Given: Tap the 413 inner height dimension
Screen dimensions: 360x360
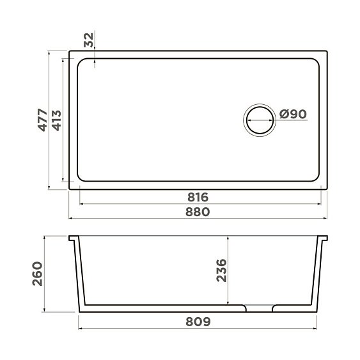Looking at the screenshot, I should pyautogui.click(x=56, y=120).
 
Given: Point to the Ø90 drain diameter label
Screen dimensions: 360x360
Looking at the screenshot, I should pyautogui.click(x=293, y=114).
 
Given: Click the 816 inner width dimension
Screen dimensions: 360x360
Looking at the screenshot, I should pyautogui.click(x=199, y=196).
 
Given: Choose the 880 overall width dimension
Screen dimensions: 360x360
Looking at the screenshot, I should pyautogui.click(x=199, y=212).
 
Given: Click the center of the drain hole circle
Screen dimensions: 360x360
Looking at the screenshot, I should pyautogui.click(x=260, y=120).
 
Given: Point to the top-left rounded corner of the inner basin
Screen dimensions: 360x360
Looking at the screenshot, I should pyautogui.click(x=81, y=63).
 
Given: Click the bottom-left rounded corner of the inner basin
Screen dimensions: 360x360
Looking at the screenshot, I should pyautogui.click(x=81, y=177).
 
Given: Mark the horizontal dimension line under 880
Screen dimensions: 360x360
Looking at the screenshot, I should pyautogui.click(x=199, y=219).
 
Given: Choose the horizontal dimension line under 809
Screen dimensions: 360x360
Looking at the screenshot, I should pyautogui.click(x=199, y=329).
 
